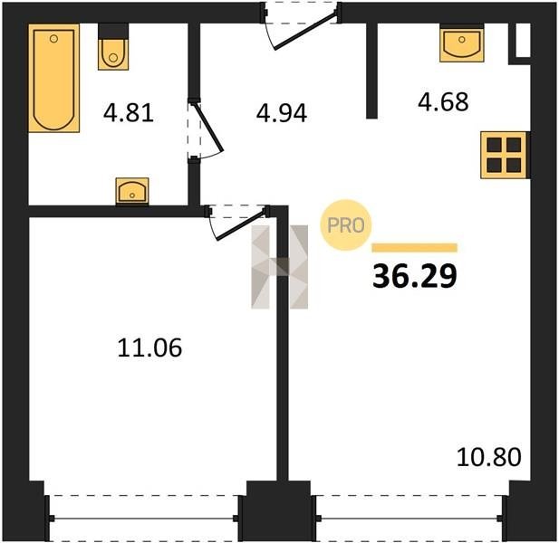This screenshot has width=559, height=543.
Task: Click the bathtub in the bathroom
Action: (x=53, y=79)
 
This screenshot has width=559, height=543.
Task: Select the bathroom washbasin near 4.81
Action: (x=132, y=191)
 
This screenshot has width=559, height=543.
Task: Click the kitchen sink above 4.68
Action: (x=462, y=43)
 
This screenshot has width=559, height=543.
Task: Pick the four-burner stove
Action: (x=504, y=155)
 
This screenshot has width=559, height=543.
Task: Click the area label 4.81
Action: (x=129, y=112)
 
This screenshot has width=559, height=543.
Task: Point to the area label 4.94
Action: (x=282, y=113)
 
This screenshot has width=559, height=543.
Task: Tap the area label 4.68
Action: (x=443, y=101)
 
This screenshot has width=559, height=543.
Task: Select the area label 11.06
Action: (x=149, y=348)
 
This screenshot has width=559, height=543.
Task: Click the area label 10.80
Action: (x=489, y=457)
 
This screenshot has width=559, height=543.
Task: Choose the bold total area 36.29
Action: (x=415, y=277)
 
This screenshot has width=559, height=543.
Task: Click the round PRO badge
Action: (x=345, y=225)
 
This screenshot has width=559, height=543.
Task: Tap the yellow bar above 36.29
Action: (x=415, y=247)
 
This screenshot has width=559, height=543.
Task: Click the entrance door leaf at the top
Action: (x=306, y=31)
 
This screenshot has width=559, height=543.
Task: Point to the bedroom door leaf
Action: (x=241, y=225)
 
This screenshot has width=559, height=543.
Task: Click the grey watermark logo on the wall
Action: (x=279, y=267)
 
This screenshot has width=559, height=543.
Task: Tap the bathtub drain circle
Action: (x=53, y=38)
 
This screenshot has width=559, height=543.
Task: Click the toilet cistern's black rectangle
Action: (x=113, y=31)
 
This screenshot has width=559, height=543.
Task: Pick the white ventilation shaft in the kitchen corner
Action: (x=523, y=40)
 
